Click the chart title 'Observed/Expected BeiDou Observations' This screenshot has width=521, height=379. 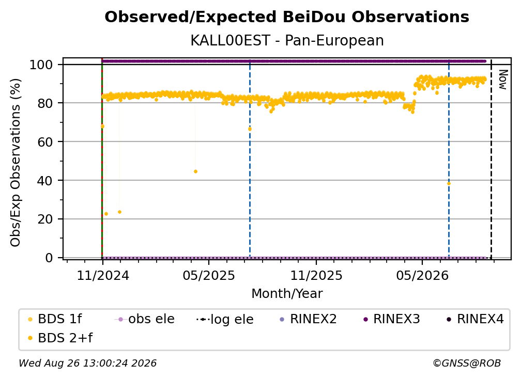pos(287,17)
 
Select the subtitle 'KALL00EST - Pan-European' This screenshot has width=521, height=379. pos(287,40)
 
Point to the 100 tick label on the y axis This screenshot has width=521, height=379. pos(41,65)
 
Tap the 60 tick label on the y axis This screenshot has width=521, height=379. pos(45,142)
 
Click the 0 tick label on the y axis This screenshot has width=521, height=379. pos(49,258)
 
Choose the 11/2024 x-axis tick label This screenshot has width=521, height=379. pos(103,275)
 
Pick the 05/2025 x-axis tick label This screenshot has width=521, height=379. pos(209,275)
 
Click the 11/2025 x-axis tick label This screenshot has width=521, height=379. pos(316,275)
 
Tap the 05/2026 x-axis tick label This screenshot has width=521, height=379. pos(422,275)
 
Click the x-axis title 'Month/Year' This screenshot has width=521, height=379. pos(287,294)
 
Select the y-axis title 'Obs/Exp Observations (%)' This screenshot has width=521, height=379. pos(16,163)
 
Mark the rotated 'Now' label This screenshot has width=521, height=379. pos(503,80)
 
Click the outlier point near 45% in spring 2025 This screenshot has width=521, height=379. pos(195,171)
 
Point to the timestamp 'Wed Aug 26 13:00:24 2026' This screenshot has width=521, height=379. pos(87,363)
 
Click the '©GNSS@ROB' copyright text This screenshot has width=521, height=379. pos(467,363)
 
